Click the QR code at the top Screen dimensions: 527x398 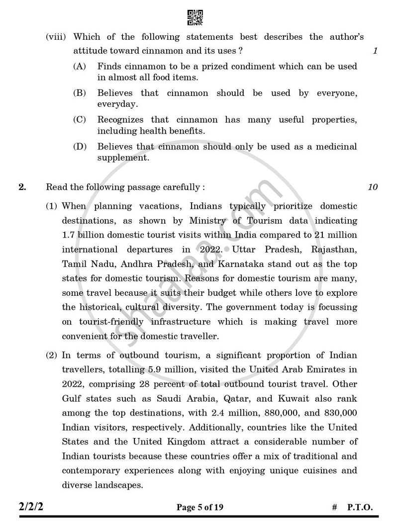pyautogui.click(x=195, y=17)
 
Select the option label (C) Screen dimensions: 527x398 pyautogui.click(x=79, y=120)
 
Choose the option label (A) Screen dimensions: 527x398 pyautogui.click(x=79, y=66)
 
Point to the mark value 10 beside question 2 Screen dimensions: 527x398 pyautogui.click(x=373, y=188)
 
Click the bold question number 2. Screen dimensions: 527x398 pyautogui.click(x=22, y=188)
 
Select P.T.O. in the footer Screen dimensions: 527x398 pyautogui.click(x=360, y=508)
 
